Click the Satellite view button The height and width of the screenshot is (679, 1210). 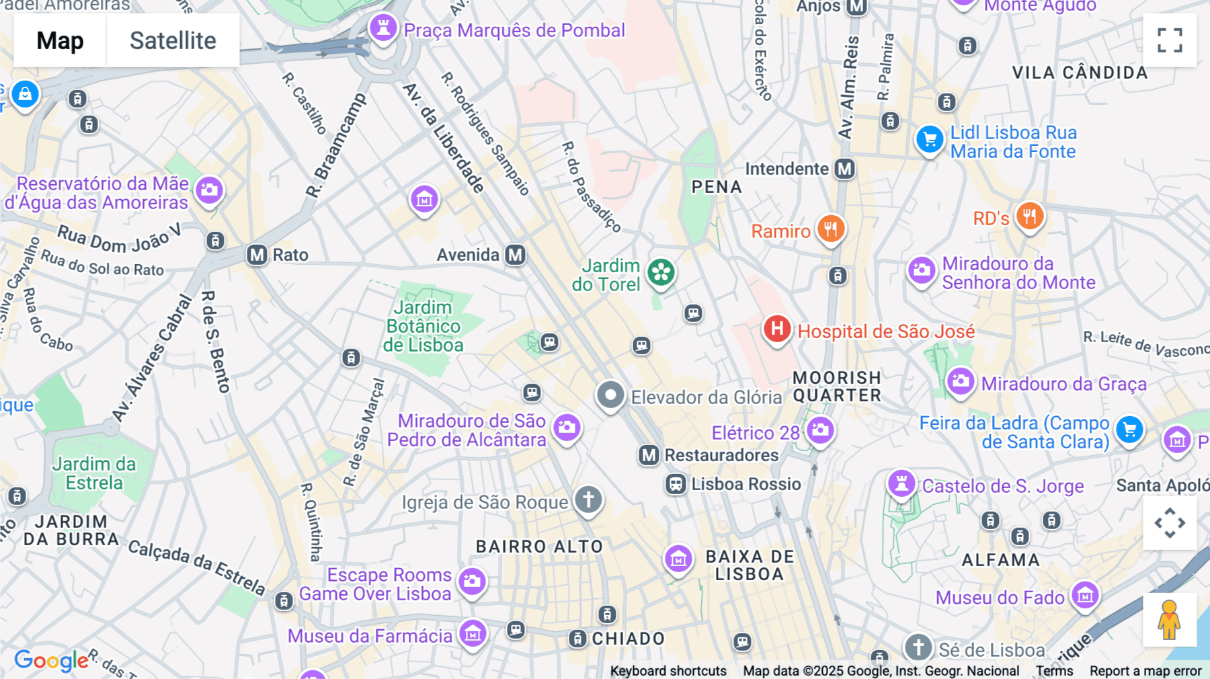[173, 40]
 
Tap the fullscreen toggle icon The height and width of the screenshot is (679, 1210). [1170, 40]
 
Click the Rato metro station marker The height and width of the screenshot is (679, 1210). [257, 255]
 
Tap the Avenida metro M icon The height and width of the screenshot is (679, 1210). [516, 255]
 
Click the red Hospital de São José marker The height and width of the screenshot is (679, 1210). [777, 329]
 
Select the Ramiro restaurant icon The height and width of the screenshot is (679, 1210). [831, 229]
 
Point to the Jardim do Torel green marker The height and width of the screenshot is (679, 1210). [661, 272]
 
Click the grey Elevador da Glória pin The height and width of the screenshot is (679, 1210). [610, 395]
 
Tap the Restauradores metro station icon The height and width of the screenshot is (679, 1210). [649, 455]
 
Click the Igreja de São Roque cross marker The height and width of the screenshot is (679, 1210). [588, 500]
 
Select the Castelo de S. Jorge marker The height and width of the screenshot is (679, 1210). [901, 483]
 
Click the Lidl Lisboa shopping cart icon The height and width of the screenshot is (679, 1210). [930, 140]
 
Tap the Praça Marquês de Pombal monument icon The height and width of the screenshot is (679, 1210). [383, 28]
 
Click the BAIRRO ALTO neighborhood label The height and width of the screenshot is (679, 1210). [539, 547]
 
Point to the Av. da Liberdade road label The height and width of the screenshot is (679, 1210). [444, 138]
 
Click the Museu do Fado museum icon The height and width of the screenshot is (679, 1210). [1085, 595]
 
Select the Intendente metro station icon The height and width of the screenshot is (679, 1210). [845, 169]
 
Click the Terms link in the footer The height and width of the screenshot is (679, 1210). [1054, 670]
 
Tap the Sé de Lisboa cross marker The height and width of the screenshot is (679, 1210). [918, 647]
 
